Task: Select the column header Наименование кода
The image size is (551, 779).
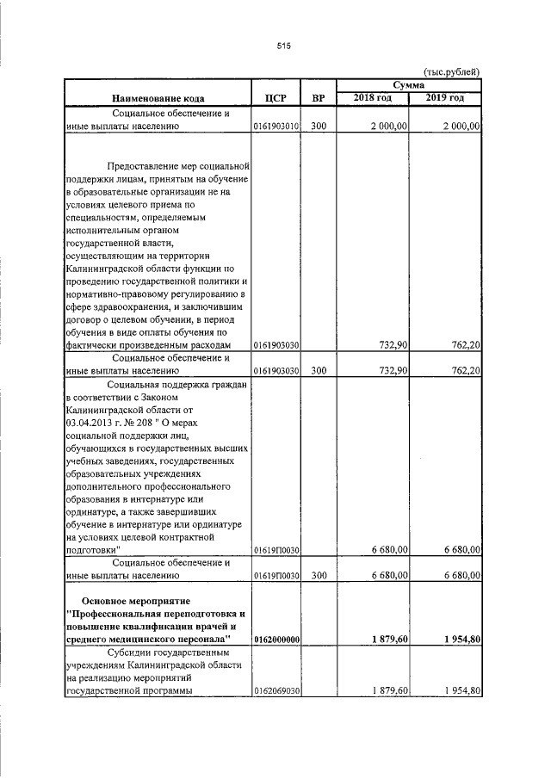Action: click(157, 98)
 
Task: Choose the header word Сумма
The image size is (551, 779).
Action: click(408, 85)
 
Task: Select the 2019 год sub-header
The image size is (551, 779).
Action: click(445, 98)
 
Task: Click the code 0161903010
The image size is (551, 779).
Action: click(275, 127)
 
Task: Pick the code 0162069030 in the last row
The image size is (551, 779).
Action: click(275, 690)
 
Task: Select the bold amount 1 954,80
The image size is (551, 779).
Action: click(456, 640)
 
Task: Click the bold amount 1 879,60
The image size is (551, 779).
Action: click(384, 640)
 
